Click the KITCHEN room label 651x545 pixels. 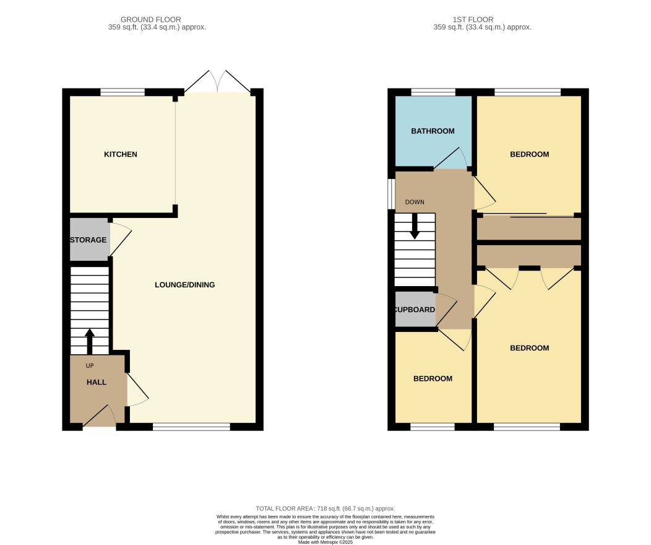121,154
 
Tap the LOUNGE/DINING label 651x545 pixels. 185,284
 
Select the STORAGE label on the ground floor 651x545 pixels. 88,240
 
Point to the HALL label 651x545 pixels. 97,382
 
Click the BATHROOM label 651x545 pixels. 433,131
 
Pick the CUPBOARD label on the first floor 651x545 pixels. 415,310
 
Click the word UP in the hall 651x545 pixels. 90,365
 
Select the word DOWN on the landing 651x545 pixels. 415,202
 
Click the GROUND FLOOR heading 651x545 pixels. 151,20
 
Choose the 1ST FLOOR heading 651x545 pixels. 473,20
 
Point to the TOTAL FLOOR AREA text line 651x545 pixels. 325,508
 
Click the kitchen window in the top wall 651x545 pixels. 123,92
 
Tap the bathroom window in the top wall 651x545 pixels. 433,92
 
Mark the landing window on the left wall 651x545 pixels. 391,194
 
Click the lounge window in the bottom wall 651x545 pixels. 191,427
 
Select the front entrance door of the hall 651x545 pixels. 100,416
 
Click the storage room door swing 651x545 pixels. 121,240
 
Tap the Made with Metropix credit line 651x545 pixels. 325,542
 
